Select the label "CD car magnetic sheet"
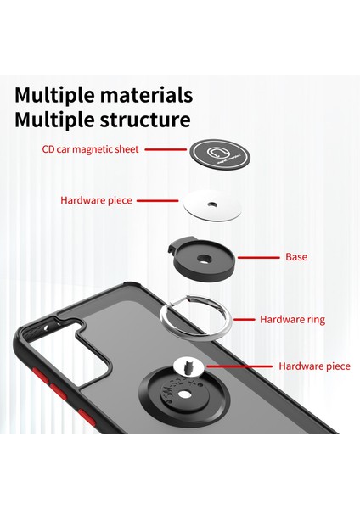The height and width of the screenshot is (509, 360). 91,149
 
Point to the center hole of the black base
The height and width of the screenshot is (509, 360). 205,260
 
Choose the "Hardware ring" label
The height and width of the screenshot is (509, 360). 292,320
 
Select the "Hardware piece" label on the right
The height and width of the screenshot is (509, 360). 314,366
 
